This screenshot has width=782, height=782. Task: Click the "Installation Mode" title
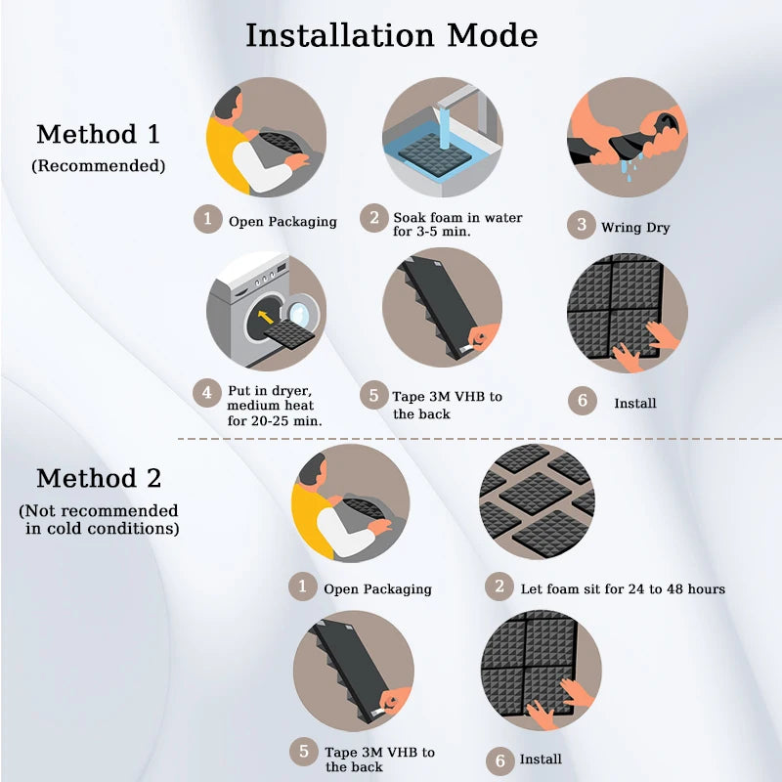(x=391, y=36)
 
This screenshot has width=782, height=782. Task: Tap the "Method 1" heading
(x=98, y=134)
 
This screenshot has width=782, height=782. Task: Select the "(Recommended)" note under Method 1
(x=98, y=166)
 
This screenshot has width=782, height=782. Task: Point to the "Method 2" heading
(x=98, y=479)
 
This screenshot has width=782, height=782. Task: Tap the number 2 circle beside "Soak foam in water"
(x=373, y=217)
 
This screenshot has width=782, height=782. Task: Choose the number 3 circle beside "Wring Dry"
(x=582, y=226)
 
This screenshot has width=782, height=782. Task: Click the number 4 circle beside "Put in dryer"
(x=206, y=394)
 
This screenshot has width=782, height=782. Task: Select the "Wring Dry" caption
(x=635, y=228)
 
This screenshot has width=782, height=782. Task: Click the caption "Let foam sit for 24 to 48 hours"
(x=622, y=588)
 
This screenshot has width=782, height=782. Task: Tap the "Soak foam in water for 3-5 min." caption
(x=457, y=225)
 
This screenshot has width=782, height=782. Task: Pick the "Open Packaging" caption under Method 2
(x=377, y=589)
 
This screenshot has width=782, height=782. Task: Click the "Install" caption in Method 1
(x=634, y=403)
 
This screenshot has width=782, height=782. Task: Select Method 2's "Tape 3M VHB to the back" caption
(x=380, y=759)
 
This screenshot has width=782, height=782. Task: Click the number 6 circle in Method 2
(x=500, y=758)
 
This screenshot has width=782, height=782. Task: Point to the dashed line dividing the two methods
(x=479, y=439)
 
